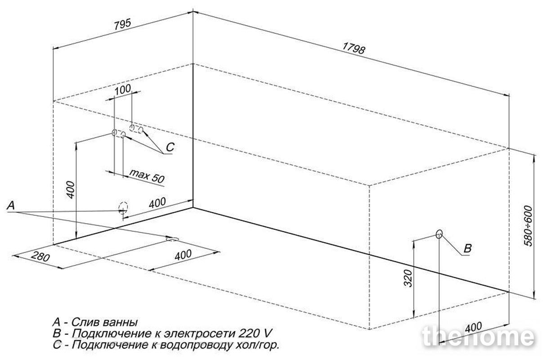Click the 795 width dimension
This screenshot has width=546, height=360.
pos(123,24)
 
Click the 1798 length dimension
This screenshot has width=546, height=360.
pos(354,48)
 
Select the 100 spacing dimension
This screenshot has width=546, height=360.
pos(123,90)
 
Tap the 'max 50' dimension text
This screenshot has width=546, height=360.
pos(147,176)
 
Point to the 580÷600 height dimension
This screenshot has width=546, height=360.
pos(528,226)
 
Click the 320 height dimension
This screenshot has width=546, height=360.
pos(408,278)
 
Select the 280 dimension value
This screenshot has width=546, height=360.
pos(40,256)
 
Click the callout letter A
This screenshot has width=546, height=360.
pos(11,206)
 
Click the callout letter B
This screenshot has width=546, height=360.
pos(467,248)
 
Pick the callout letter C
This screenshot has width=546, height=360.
pos(170,147)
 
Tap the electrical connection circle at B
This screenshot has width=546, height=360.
pos(439,234)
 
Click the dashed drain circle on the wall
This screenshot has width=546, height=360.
pos(123,208)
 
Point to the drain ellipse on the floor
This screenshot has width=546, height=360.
pos(172,239)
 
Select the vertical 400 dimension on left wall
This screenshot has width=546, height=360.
pos(70,190)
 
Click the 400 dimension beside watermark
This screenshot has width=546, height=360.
pos(473,327)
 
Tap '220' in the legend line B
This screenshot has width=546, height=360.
pos(248,333)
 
